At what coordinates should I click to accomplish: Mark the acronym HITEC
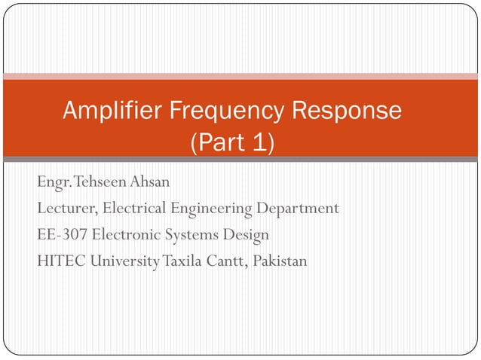[x=60, y=261]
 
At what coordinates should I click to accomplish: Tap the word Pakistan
[x=280, y=261]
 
